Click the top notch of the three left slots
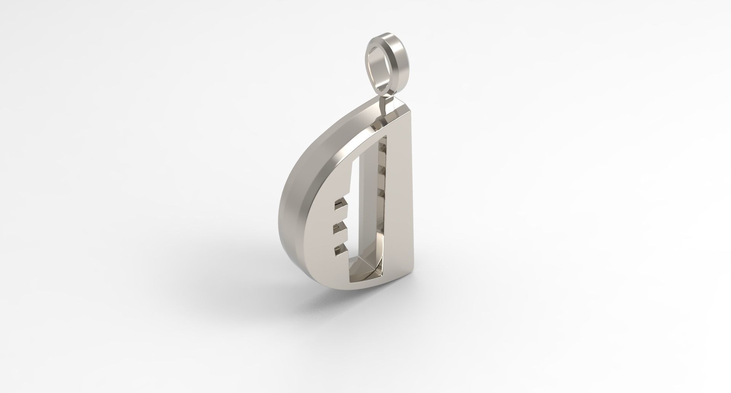(341, 206)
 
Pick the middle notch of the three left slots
(340, 229)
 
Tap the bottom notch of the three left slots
(340, 251)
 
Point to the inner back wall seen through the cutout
(371, 213)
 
